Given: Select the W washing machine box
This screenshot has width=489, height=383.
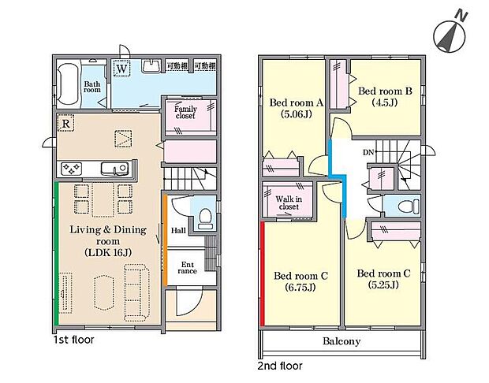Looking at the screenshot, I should click(122, 69).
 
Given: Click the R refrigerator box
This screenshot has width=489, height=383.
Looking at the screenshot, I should click(66, 123).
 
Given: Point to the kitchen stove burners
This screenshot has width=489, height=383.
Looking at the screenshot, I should click(72, 169).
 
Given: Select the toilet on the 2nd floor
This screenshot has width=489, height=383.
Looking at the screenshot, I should click(405, 206).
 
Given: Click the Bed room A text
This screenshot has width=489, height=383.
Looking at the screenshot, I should click(297, 102).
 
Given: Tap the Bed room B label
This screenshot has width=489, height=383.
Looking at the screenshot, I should click(386, 91).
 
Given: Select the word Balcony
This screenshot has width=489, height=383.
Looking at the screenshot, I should click(342, 341).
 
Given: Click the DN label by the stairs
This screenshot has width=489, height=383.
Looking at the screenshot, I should click(368, 152).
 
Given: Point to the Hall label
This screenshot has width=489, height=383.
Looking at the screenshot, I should click(177, 230).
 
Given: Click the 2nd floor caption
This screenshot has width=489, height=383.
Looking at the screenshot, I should click(280, 366).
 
